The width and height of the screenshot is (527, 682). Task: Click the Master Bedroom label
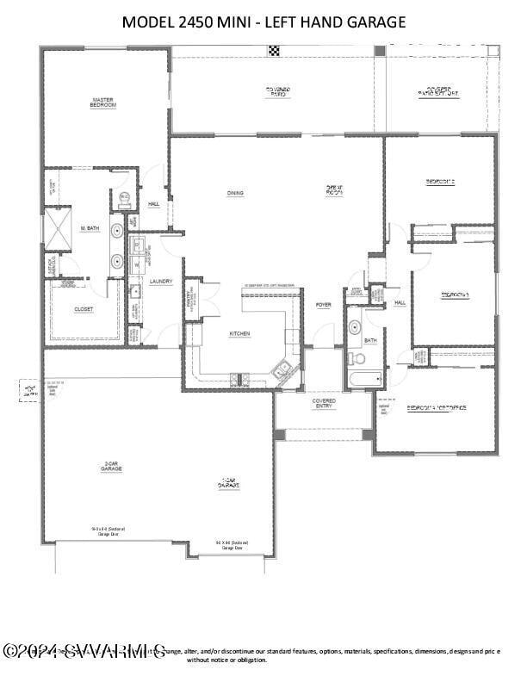[103, 102]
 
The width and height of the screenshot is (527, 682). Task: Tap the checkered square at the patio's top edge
[274, 51]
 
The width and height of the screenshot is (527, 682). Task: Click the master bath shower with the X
[57, 228]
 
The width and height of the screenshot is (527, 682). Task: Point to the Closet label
[84, 308]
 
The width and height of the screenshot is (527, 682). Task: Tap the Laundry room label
[161, 282]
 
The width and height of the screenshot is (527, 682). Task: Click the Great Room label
[334, 190]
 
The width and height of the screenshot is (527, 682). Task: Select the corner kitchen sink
[282, 373]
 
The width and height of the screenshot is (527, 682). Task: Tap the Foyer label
[323, 305]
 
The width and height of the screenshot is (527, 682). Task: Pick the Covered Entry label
[324, 403]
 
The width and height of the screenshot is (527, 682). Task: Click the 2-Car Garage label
[111, 467]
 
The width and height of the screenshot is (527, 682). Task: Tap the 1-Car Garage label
[228, 484]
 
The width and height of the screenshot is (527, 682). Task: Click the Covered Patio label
[277, 92]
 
